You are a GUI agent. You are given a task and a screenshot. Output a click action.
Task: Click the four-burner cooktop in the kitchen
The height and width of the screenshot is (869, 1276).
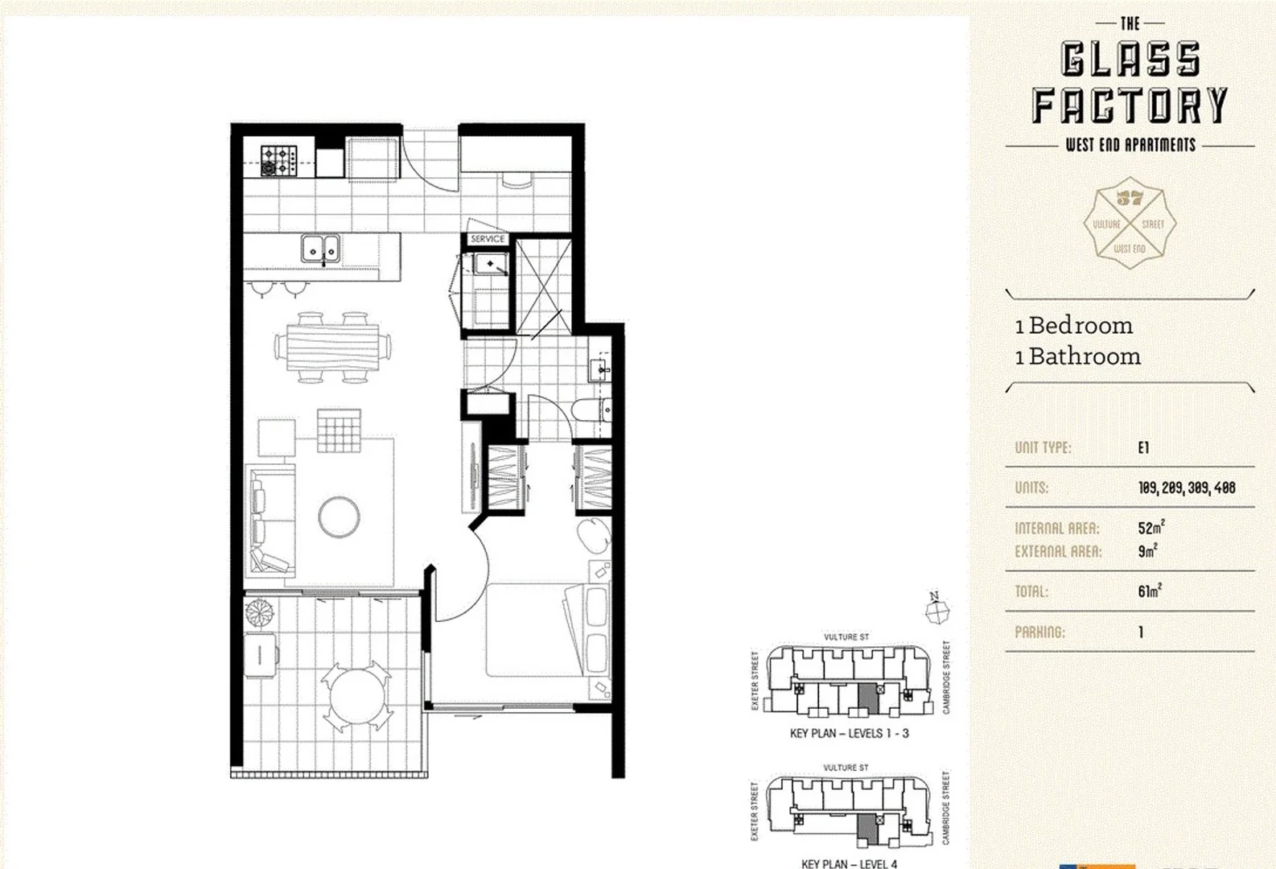[x=279, y=160]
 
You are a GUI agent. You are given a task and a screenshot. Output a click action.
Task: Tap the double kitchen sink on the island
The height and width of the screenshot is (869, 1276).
[x=321, y=249]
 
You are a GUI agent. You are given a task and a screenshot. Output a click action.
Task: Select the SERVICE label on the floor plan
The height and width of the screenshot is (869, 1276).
[x=488, y=239]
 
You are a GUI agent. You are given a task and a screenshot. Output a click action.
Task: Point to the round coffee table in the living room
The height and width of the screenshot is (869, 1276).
[x=339, y=517]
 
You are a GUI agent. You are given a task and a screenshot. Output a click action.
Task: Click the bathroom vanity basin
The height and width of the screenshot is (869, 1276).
[x=600, y=369]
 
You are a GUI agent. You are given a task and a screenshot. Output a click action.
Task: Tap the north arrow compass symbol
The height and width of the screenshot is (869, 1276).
[x=936, y=609]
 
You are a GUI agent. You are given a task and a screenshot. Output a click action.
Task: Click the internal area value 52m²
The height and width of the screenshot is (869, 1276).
[x=1150, y=528]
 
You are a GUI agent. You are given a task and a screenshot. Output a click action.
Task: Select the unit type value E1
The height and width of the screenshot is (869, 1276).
[x=1143, y=447]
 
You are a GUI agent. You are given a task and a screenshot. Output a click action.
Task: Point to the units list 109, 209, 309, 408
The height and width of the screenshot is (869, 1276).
[x=1187, y=488]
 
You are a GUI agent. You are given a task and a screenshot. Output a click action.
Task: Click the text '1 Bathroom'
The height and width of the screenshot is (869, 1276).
[x=1077, y=356]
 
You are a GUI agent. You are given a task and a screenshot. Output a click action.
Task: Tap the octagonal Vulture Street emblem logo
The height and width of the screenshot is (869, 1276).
[x=1130, y=223]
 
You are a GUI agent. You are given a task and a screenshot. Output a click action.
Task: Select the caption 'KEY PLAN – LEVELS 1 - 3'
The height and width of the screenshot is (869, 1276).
[x=849, y=734]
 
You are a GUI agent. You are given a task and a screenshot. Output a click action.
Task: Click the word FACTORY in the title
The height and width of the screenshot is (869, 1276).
[x=1130, y=105]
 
